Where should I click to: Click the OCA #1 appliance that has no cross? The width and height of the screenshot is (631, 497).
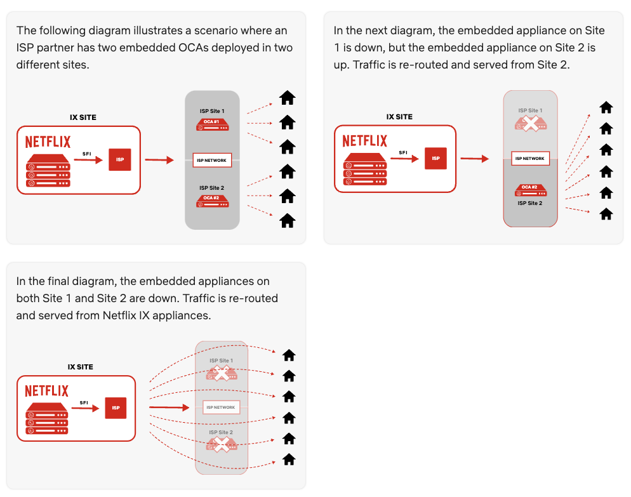[x=212, y=124]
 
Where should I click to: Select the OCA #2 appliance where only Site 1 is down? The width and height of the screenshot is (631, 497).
[x=531, y=190]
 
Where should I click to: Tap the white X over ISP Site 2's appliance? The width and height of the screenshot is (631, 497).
[x=221, y=444]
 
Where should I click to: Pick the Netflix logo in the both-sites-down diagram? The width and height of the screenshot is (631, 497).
[x=46, y=390]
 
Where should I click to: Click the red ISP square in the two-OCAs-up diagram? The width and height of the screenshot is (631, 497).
[x=120, y=159]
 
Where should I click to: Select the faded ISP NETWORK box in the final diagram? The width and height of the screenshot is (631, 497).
[x=221, y=408]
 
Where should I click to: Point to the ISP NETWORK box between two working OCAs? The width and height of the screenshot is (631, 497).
[x=212, y=160]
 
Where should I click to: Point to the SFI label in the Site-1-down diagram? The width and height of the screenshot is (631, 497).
[x=402, y=152]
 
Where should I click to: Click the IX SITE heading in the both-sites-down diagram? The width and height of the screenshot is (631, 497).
[x=81, y=367]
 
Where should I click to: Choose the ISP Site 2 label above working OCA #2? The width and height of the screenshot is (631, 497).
[x=212, y=188]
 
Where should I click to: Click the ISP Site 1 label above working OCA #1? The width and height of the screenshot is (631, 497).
[x=212, y=111]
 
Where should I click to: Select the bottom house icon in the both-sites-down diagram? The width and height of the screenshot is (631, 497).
[x=289, y=459]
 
